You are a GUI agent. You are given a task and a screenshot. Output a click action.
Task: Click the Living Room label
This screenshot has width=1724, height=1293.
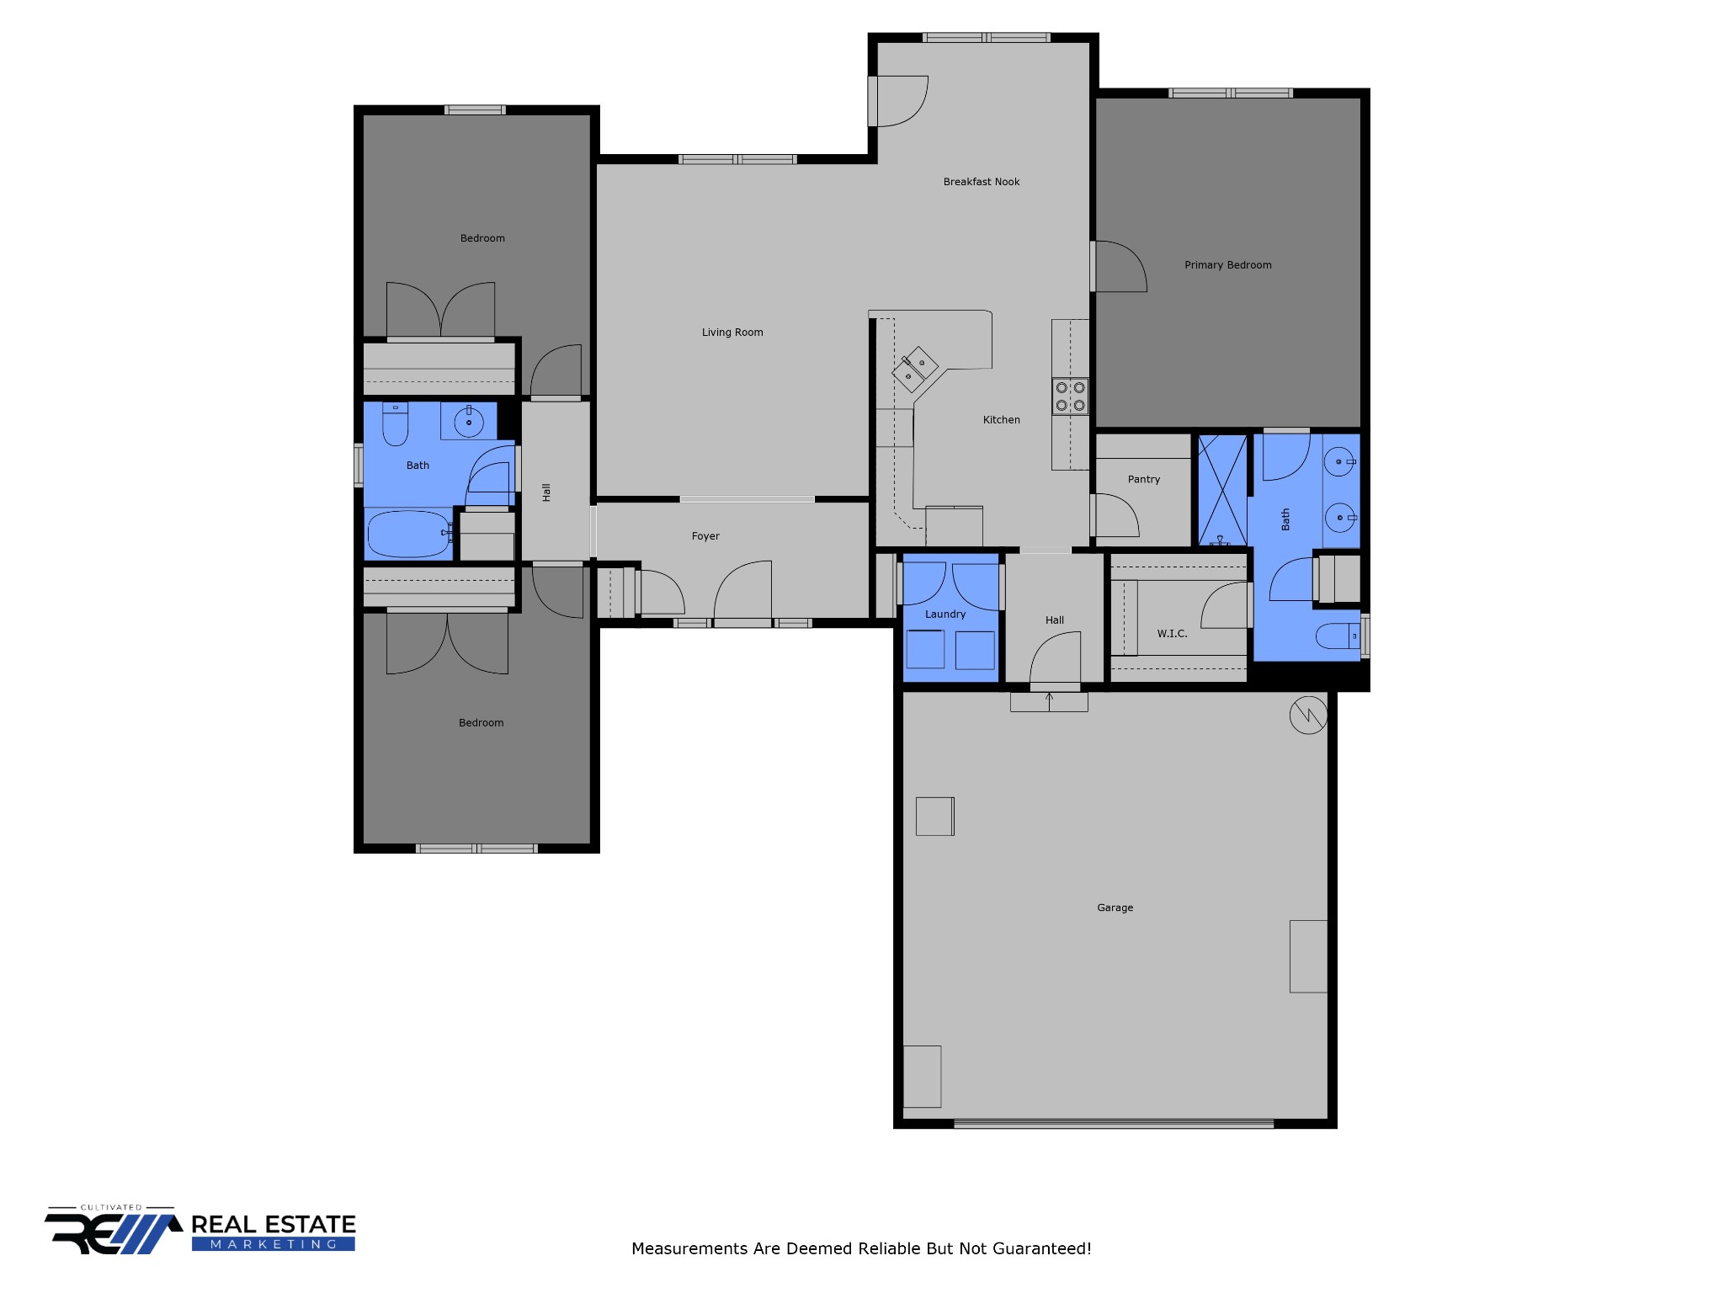[x=732, y=333]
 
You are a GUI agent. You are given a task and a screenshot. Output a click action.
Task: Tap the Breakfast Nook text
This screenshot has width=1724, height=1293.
[x=982, y=182]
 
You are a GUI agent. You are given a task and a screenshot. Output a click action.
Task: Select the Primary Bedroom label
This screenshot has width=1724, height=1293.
[x=1228, y=265]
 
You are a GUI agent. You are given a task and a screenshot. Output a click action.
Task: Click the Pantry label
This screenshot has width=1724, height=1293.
[x=1144, y=480]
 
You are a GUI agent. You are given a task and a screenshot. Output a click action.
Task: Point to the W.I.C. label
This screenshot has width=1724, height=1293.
[x=1172, y=634]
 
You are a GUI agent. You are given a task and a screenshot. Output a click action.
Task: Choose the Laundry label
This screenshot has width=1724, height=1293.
[x=945, y=615]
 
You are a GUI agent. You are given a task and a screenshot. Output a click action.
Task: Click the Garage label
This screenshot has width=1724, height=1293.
[x=1115, y=907]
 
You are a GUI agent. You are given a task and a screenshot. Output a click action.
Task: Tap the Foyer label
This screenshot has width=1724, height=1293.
[x=705, y=536]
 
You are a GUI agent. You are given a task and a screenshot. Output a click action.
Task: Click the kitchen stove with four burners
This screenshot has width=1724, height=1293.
[x=1070, y=396]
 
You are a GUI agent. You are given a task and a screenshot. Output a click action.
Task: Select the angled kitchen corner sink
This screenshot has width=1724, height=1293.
[x=915, y=370]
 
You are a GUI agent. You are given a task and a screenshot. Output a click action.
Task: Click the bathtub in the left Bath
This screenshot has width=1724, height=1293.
[x=409, y=535]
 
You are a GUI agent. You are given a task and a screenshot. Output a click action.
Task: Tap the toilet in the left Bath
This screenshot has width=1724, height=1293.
[x=396, y=423]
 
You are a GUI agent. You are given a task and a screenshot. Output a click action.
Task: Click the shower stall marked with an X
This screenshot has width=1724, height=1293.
[x=1222, y=490]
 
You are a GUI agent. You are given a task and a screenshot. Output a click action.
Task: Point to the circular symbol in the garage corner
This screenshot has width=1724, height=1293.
[x=1308, y=715]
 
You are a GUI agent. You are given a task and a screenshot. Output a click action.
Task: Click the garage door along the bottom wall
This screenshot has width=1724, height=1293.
[x=1114, y=1123]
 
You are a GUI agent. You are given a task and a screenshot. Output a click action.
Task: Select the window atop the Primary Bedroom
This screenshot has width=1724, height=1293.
[x=1231, y=93]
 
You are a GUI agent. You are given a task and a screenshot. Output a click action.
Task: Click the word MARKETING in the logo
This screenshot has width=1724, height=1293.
[x=274, y=1244]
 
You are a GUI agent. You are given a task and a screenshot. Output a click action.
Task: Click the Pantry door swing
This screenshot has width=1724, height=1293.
[x=1116, y=515]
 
